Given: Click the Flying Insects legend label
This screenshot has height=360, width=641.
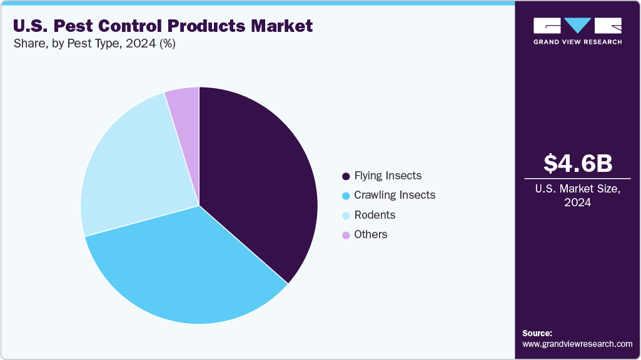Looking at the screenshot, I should click(388, 176).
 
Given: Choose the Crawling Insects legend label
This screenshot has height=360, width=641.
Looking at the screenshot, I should click(395, 195).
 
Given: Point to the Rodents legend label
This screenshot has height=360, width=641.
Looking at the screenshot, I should click(375, 215).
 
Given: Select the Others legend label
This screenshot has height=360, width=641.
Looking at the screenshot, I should click(371, 234).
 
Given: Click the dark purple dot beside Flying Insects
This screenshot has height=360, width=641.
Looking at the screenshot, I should click(346, 176).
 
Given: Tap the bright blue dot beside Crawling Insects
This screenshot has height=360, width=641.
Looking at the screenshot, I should click(346, 196).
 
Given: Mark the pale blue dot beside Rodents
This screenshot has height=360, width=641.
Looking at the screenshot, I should click(346, 216).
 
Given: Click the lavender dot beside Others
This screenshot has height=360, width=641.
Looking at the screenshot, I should click(346, 235).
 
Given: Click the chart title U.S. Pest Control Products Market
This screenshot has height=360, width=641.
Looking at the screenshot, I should click(163, 26).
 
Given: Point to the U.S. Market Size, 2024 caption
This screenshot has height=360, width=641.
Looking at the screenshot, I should click(577, 196).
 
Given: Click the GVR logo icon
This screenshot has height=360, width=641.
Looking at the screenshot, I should click(577, 26).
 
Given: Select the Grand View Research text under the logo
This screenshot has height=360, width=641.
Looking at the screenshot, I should click(577, 42).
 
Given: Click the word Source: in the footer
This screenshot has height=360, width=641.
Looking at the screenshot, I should click(537, 333).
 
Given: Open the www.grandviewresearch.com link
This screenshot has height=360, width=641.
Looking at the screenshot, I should click(577, 344).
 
